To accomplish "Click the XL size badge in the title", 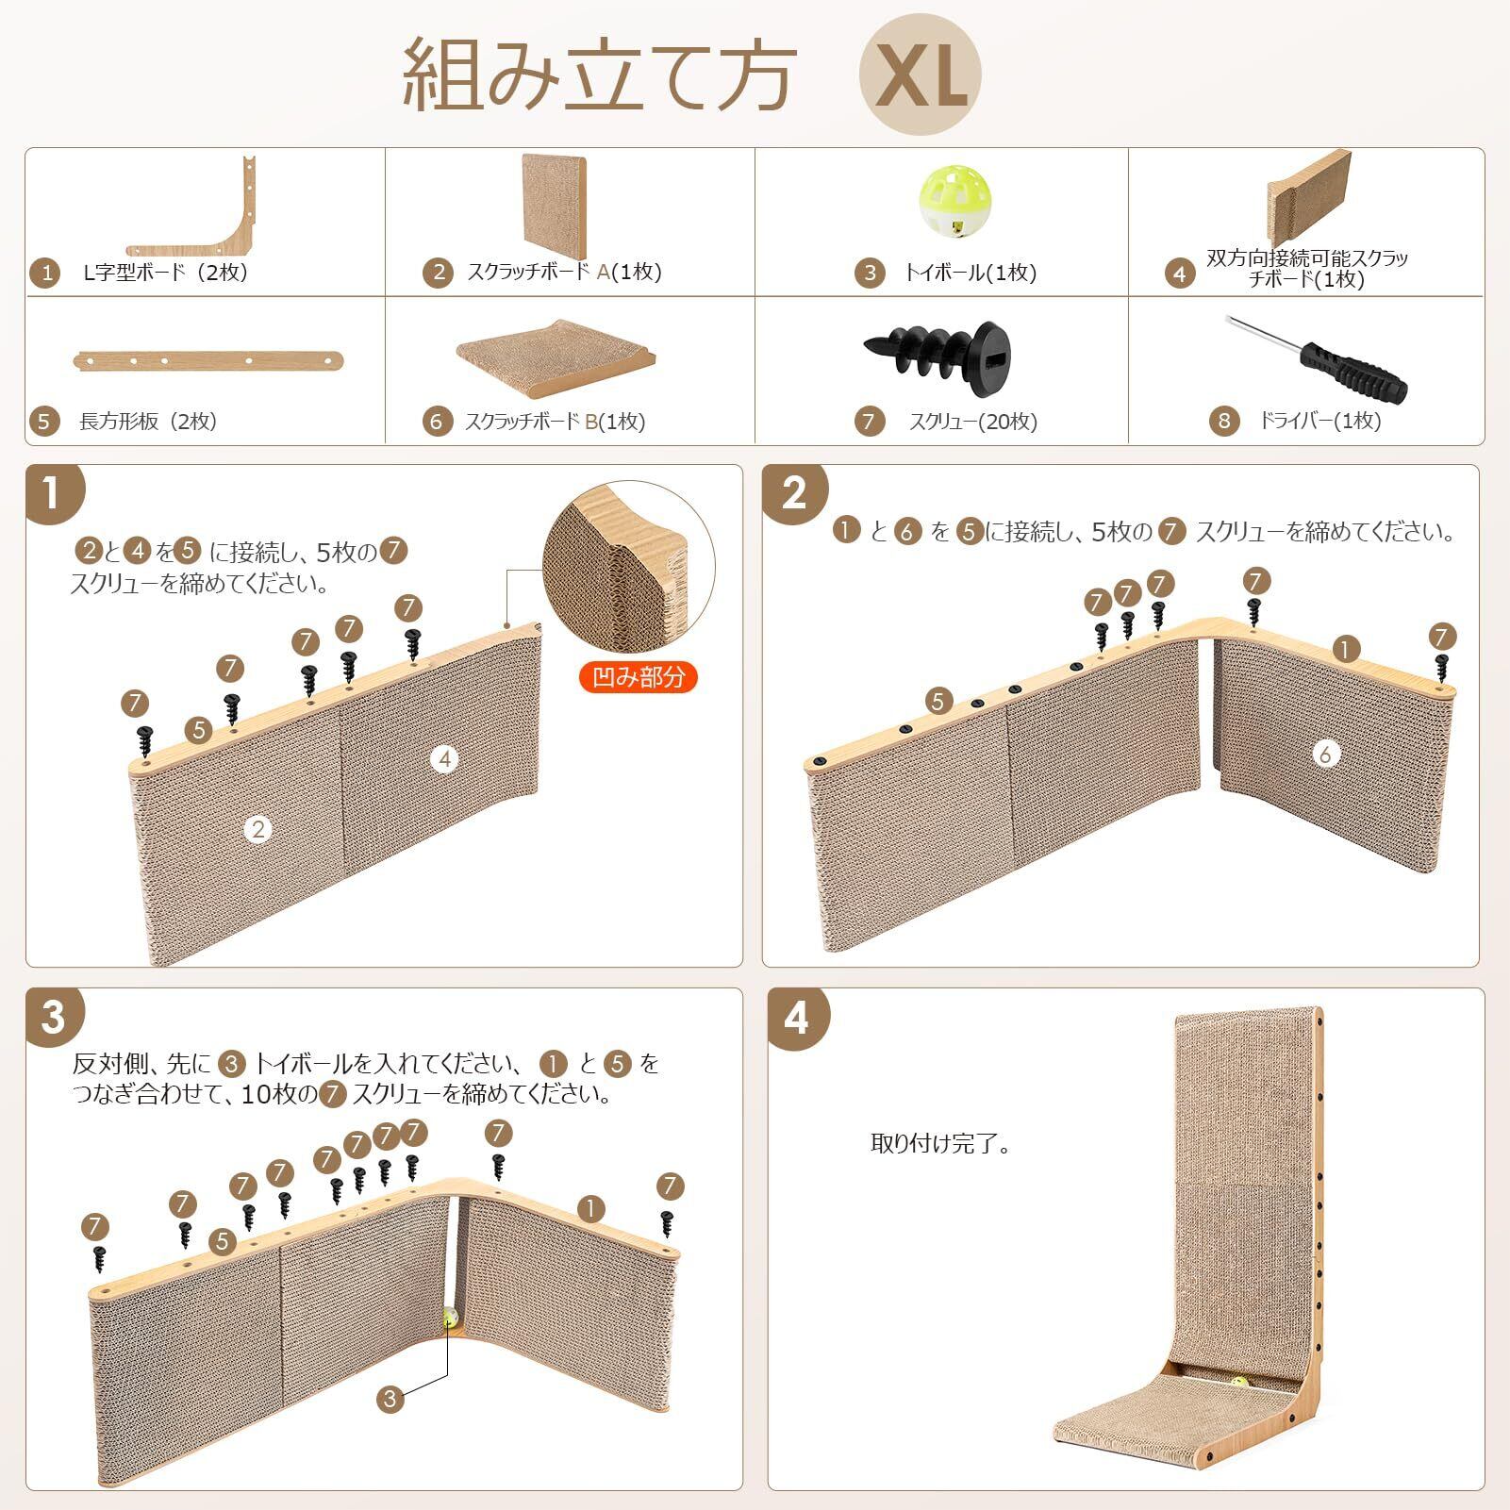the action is pyautogui.click(x=920, y=75).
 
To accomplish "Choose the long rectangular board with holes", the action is pyautogui.click(x=207, y=359).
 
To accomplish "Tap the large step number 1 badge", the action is pyautogui.click(x=53, y=493).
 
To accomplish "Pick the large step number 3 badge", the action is pyautogui.click(x=53, y=1018).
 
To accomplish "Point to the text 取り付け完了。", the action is pyautogui.click(x=941, y=1144).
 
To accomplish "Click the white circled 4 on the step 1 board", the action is pyautogui.click(x=445, y=759).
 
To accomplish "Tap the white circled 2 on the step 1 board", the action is pyautogui.click(x=257, y=829).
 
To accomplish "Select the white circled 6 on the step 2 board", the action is pyautogui.click(x=1326, y=753).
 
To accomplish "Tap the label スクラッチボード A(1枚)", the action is pyautogui.click(x=565, y=273).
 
